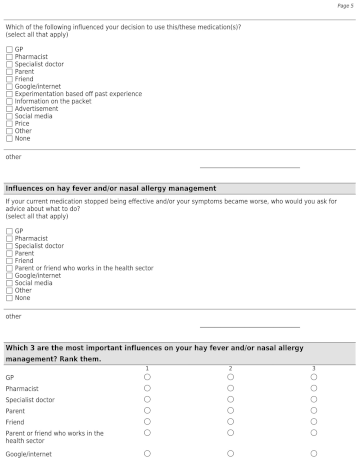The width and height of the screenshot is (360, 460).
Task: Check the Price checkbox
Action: (9, 123)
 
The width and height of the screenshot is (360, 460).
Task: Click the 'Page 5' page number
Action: (345, 6)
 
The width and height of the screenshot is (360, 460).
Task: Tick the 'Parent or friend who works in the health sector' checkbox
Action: (9, 268)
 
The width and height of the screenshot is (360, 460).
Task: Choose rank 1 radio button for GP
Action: (147, 377)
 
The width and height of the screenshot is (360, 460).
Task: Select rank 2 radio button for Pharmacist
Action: (230, 388)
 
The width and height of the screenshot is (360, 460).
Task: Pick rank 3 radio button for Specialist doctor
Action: (313, 399)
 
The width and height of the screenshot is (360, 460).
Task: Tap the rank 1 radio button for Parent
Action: (147, 410)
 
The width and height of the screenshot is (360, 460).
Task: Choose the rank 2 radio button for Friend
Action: (230, 421)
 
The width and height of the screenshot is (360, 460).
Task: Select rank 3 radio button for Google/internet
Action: (313, 453)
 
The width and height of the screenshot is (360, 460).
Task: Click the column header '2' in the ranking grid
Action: (230, 368)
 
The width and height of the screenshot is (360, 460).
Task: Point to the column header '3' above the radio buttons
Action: (313, 368)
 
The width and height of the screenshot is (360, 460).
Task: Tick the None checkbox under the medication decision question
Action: (9, 138)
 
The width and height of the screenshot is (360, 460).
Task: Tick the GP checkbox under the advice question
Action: (9, 231)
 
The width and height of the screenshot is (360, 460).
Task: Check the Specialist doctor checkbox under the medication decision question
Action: (9, 64)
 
